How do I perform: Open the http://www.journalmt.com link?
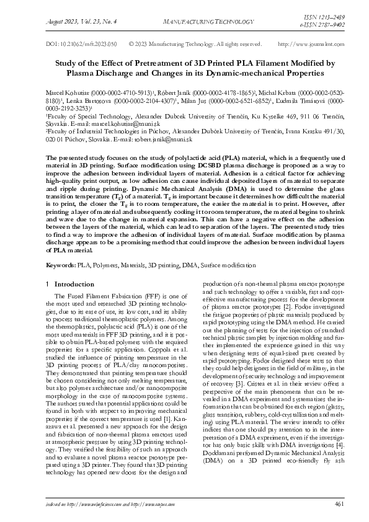303,45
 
